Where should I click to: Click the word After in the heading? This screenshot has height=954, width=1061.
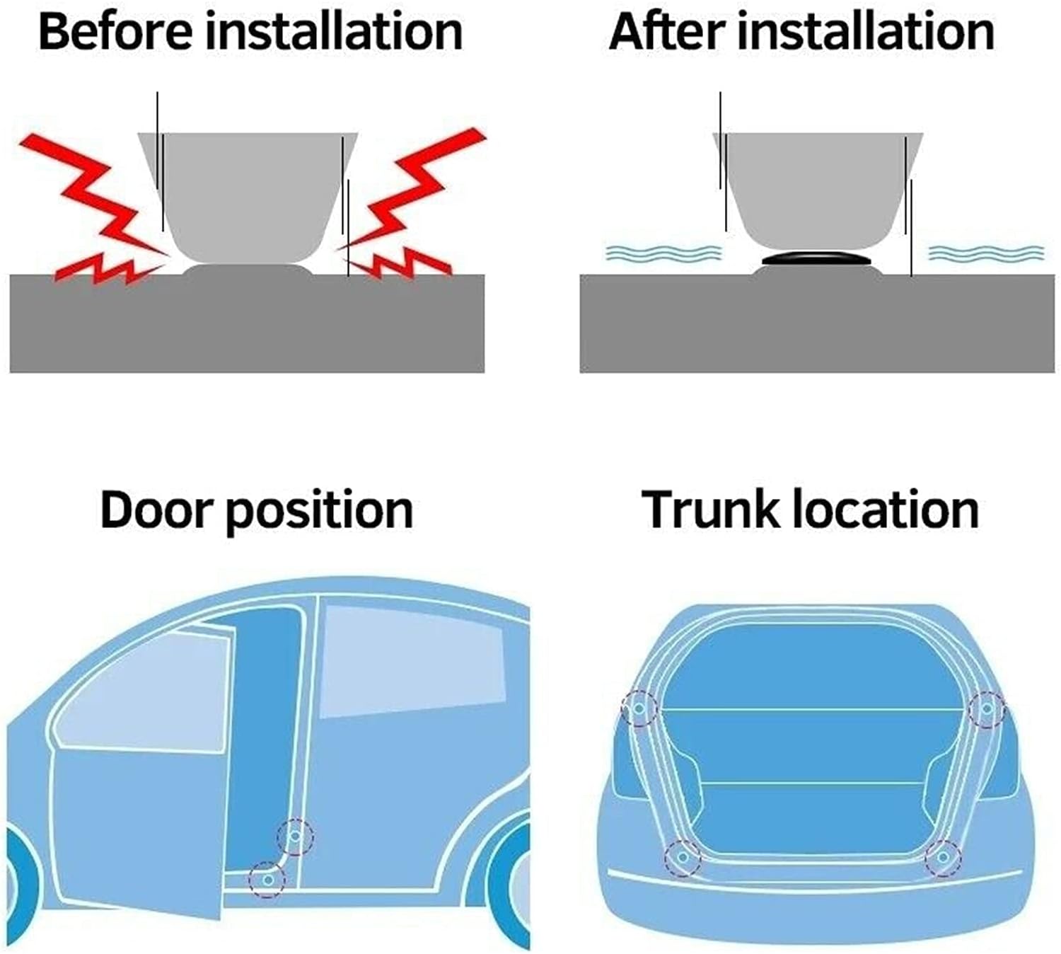[666, 33]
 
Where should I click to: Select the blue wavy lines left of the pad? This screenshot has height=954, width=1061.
[663, 253]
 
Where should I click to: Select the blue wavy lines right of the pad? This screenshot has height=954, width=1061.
[987, 253]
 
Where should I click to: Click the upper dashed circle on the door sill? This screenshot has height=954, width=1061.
[296, 837]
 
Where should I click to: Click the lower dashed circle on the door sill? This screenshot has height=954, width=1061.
[267, 880]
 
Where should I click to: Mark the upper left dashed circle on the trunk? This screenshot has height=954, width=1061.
[639, 708]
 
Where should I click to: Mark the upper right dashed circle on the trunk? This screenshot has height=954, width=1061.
[987, 708]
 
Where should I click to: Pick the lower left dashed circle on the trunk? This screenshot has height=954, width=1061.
[683, 856]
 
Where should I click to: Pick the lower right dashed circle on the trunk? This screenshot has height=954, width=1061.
[943, 856]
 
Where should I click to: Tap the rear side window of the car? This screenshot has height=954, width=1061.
[412, 662]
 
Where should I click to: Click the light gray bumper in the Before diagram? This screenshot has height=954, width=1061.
[248, 197]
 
